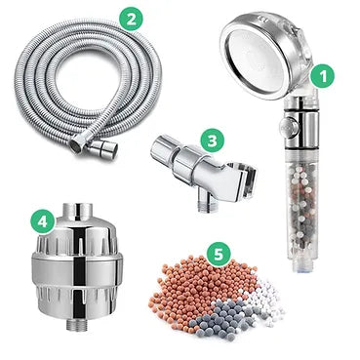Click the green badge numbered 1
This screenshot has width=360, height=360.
click(x=322, y=75)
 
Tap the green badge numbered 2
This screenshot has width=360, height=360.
click(x=130, y=19)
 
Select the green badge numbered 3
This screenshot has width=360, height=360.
click(x=212, y=141)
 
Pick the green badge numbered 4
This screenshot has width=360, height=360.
click(x=43, y=220)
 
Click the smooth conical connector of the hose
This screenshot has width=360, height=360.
click(x=103, y=150)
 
